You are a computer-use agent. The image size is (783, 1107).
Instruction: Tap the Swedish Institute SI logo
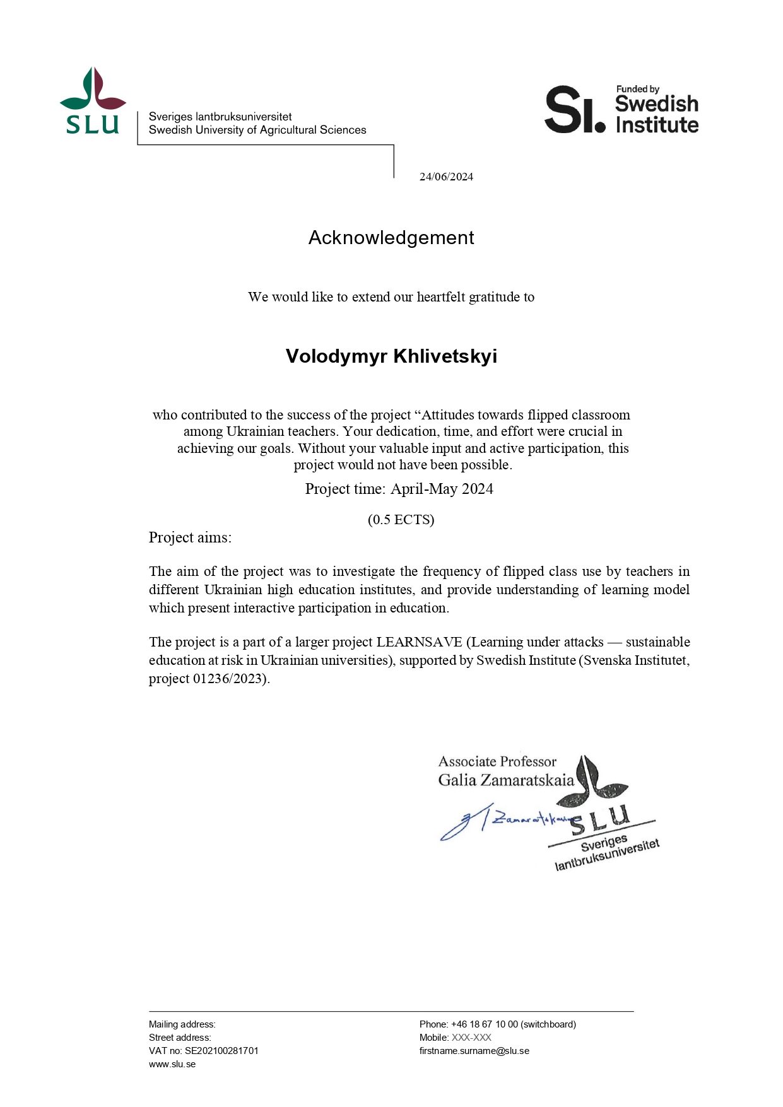tap(621, 110)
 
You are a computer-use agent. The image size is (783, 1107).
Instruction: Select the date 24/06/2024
tap(446, 177)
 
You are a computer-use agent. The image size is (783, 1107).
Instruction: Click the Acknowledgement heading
tap(391, 238)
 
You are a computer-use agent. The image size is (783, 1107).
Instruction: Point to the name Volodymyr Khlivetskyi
tap(391, 356)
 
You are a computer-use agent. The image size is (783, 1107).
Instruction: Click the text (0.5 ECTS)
tap(401, 520)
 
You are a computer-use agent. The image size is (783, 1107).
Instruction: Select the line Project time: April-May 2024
tap(399, 489)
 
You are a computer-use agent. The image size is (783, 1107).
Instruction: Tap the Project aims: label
tap(190, 537)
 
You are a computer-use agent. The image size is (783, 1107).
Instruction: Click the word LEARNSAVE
tap(419, 642)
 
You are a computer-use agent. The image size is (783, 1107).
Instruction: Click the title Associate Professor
tap(497, 762)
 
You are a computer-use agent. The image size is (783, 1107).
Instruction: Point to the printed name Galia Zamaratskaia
tap(506, 780)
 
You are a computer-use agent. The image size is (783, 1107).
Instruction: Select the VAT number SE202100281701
tap(221, 1051)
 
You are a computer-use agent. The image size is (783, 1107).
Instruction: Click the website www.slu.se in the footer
tap(172, 1064)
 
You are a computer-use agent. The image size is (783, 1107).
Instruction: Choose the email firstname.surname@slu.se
tap(474, 1051)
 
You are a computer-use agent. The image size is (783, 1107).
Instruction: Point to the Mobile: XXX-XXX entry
tap(455, 1038)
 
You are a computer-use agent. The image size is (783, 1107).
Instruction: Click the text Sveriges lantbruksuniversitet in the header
tap(220, 117)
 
